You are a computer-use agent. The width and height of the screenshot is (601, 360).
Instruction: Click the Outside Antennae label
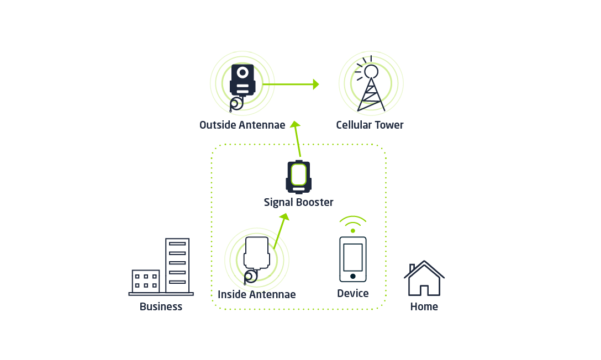click(x=242, y=125)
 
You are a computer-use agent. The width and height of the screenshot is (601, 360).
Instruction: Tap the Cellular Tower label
click(x=370, y=125)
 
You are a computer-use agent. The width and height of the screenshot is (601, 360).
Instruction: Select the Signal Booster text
click(x=298, y=203)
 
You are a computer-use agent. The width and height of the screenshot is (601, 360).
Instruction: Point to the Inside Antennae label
click(x=256, y=295)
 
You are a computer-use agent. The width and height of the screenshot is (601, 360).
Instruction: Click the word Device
click(x=352, y=294)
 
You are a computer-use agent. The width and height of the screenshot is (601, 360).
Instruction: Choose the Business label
click(x=161, y=307)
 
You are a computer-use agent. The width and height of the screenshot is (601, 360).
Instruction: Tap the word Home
click(x=424, y=307)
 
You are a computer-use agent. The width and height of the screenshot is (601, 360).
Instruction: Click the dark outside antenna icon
click(x=242, y=83)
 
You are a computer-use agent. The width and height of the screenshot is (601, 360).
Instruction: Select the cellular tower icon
click(x=370, y=86)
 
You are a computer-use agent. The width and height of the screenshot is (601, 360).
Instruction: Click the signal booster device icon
click(x=298, y=177)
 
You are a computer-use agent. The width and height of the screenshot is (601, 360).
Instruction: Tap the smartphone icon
click(x=352, y=259)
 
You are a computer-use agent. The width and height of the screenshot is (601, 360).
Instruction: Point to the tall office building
click(x=177, y=266)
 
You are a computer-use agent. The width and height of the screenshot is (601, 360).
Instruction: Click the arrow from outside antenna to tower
click(x=290, y=84)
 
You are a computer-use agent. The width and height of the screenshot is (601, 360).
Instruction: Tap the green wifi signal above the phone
click(x=352, y=223)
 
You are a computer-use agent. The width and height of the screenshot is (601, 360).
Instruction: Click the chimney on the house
click(x=412, y=269)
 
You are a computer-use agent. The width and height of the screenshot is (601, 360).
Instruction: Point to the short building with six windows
click(x=145, y=281)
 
